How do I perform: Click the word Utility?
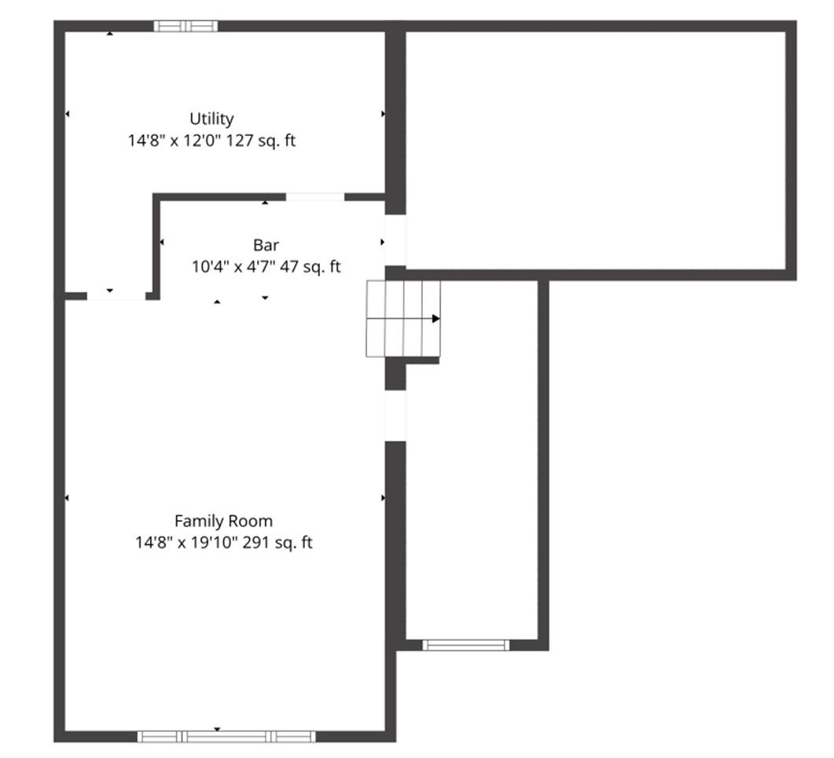pos(211,119)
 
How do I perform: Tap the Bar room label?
pos(266,245)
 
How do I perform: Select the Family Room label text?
pos(223,522)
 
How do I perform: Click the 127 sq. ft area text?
pos(261,141)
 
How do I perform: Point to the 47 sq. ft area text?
pos(310,267)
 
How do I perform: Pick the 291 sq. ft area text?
pos(277,543)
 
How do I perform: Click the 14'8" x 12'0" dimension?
pos(175,141)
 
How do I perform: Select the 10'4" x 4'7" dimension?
pos(233,267)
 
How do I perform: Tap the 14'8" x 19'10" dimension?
pos(186,543)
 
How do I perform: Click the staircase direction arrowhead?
pos(436,319)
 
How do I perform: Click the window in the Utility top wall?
pos(186,26)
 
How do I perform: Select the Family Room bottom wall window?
pos(226,737)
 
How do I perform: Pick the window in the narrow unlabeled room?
pos(466,646)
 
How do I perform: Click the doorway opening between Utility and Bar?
pos(315,197)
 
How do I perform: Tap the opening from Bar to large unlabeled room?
pos(395,240)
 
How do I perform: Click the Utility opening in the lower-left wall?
pos(116,296)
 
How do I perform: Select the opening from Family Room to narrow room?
pos(395,416)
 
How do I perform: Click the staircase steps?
pos(403,319)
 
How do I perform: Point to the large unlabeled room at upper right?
pos(596,151)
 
